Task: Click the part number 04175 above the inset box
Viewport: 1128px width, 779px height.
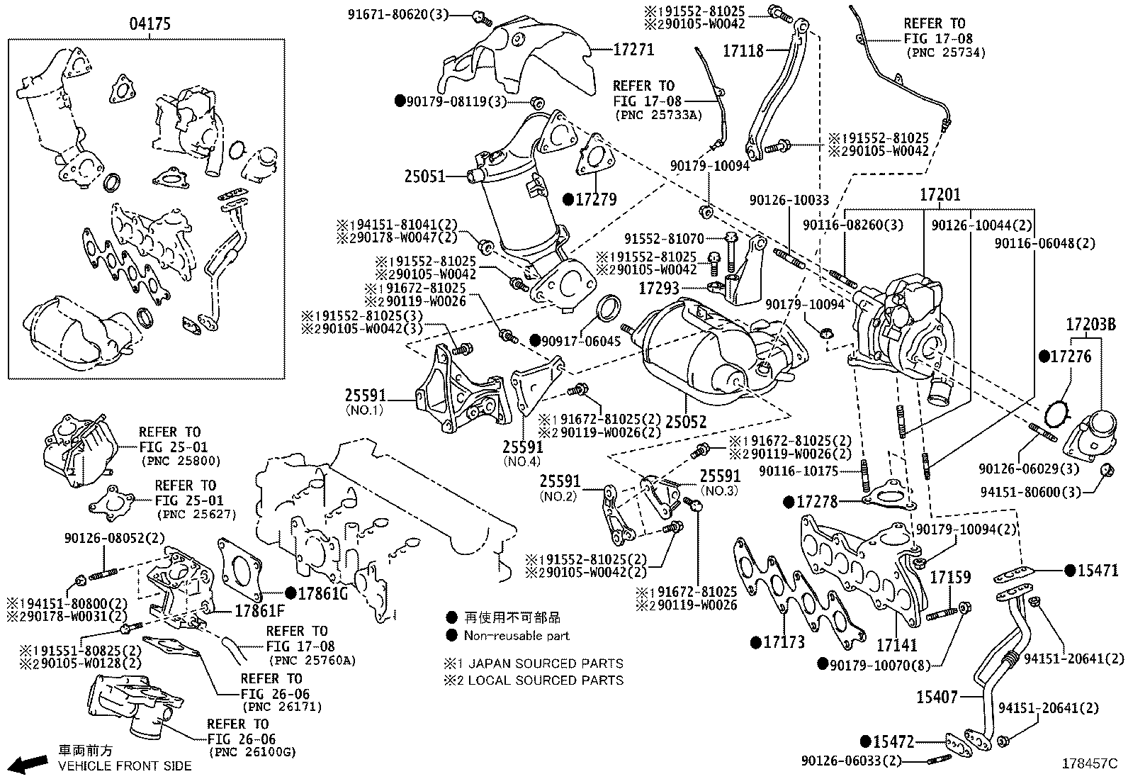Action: point(150,24)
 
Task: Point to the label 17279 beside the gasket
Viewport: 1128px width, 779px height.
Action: point(595,200)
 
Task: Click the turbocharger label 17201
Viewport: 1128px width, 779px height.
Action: point(940,194)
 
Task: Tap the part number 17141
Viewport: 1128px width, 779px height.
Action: point(896,645)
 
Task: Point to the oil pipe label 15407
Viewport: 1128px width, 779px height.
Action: point(937,697)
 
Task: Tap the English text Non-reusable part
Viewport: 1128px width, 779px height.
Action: point(517,636)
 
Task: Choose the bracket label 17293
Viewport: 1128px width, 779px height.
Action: point(659,288)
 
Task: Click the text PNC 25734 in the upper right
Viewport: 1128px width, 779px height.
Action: point(945,52)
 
